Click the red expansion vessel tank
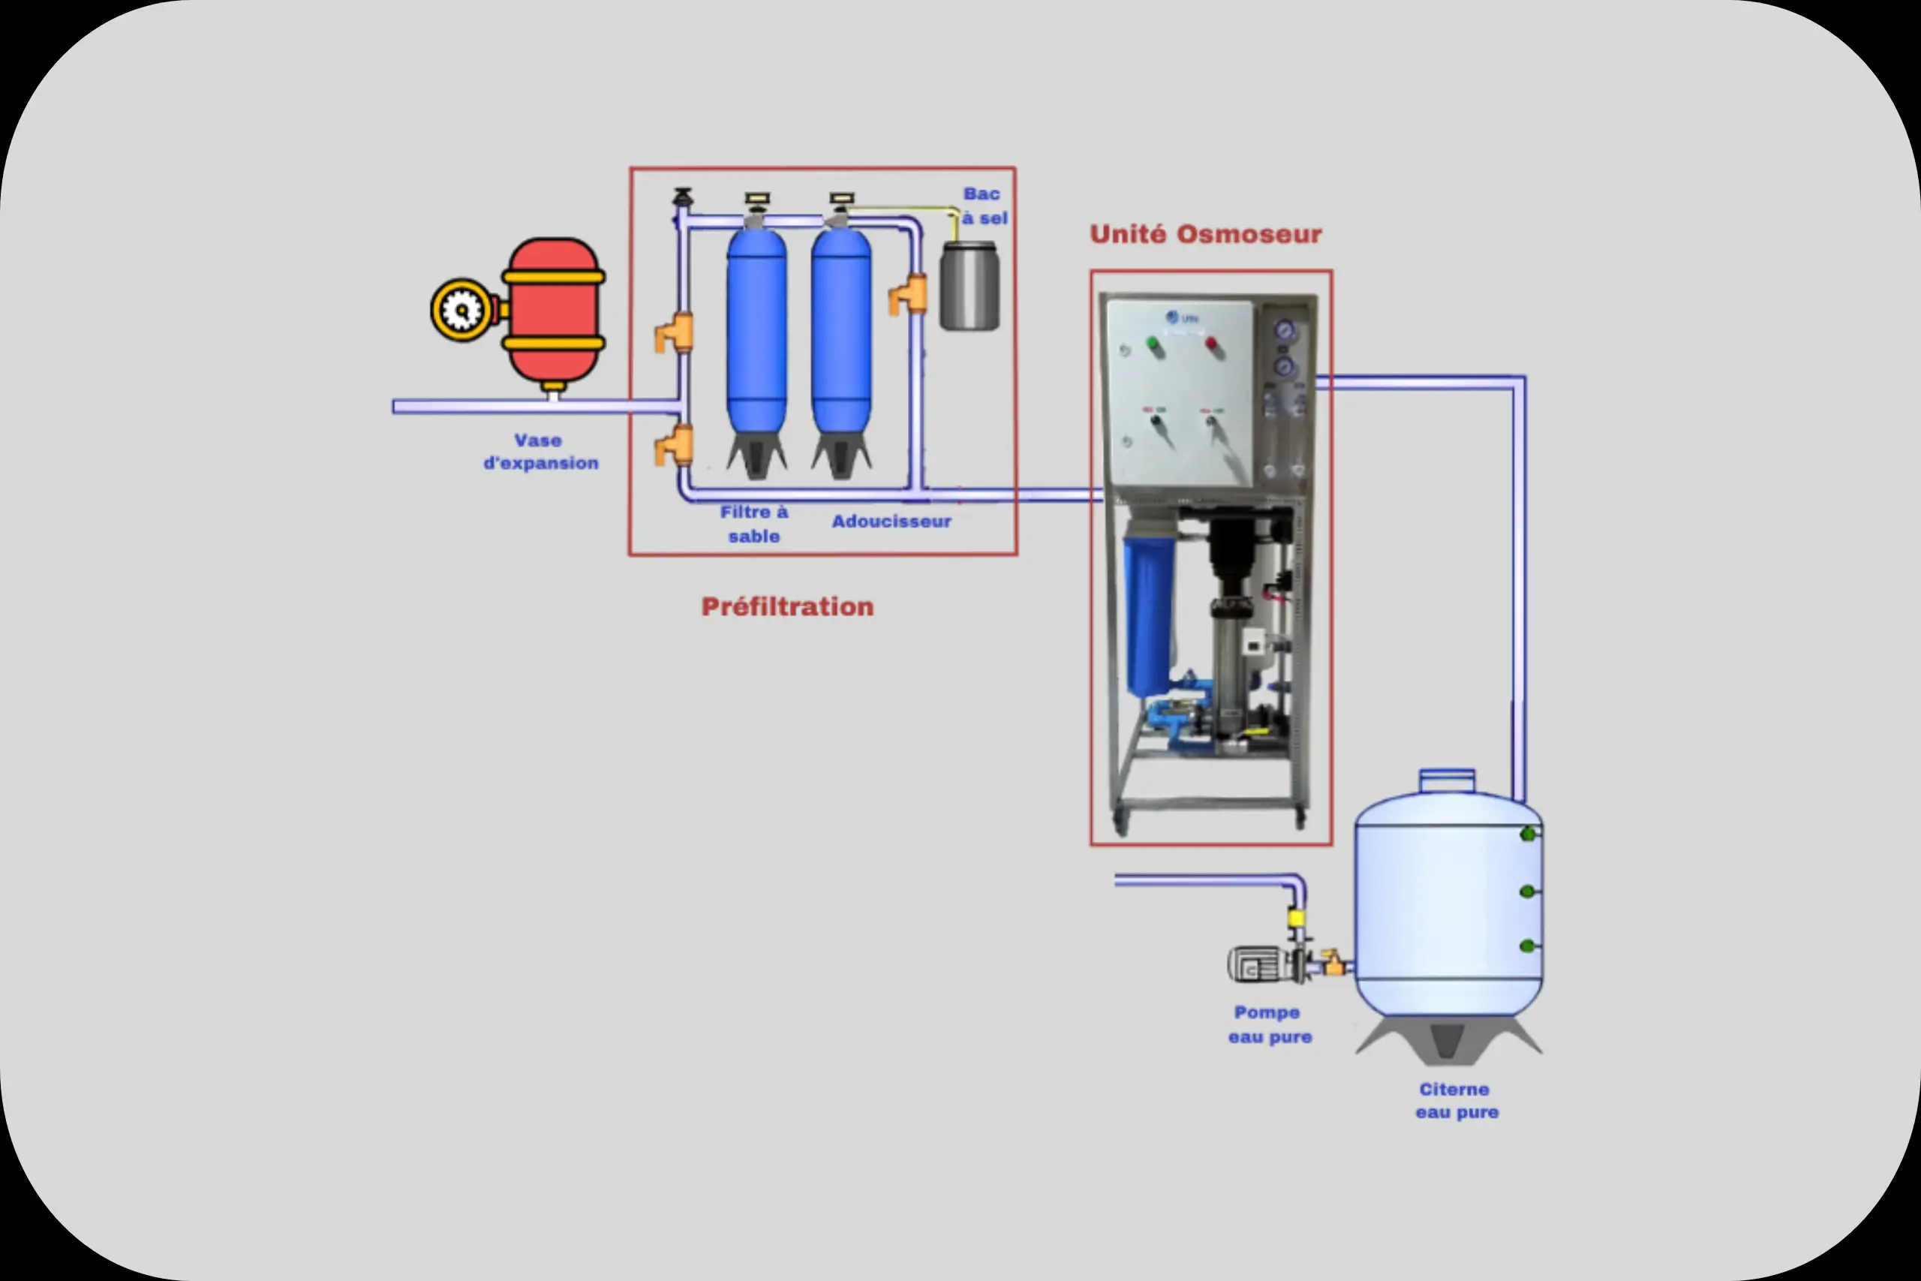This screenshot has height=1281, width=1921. click(554, 311)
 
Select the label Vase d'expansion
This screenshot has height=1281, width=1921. click(540, 452)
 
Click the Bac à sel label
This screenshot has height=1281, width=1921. click(985, 206)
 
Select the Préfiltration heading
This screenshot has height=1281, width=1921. click(787, 607)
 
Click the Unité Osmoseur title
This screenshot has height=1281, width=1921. click(1206, 234)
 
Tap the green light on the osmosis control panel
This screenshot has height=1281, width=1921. click(1153, 344)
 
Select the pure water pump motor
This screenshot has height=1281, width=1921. click(1255, 965)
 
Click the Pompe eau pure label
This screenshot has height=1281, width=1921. click(1269, 1024)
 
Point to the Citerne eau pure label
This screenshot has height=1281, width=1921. click(1457, 1100)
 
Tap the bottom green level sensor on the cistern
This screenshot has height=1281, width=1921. click(1526, 946)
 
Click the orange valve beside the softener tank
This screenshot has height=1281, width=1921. click(909, 294)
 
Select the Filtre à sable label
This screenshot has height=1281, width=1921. click(754, 524)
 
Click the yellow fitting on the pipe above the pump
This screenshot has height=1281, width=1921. click(1295, 919)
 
